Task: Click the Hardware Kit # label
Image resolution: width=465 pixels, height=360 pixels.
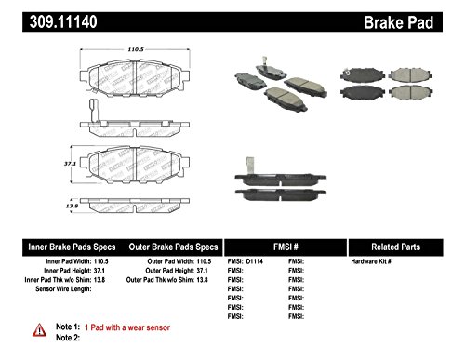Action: [371, 263]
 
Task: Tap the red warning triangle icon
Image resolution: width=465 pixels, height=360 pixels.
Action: [39, 329]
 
